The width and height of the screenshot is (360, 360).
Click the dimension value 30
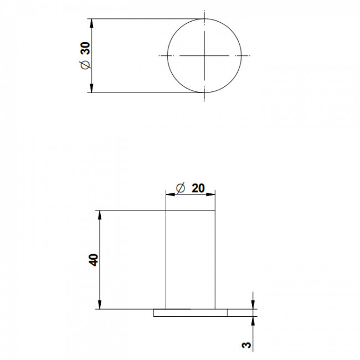tap(86, 48)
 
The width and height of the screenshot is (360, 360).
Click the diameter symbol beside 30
tap(85, 65)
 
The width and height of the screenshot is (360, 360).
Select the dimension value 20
tap(198, 188)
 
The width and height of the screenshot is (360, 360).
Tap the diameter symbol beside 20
tap(181, 188)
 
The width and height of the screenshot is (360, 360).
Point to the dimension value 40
tap(94, 260)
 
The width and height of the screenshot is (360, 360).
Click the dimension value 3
tap(246, 345)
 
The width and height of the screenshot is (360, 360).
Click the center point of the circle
tap(204, 55)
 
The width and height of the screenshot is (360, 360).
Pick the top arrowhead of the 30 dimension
tap(91, 23)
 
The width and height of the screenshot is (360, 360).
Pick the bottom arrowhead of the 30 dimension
tap(91, 88)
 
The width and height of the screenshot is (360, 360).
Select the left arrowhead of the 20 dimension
tap(170, 194)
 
